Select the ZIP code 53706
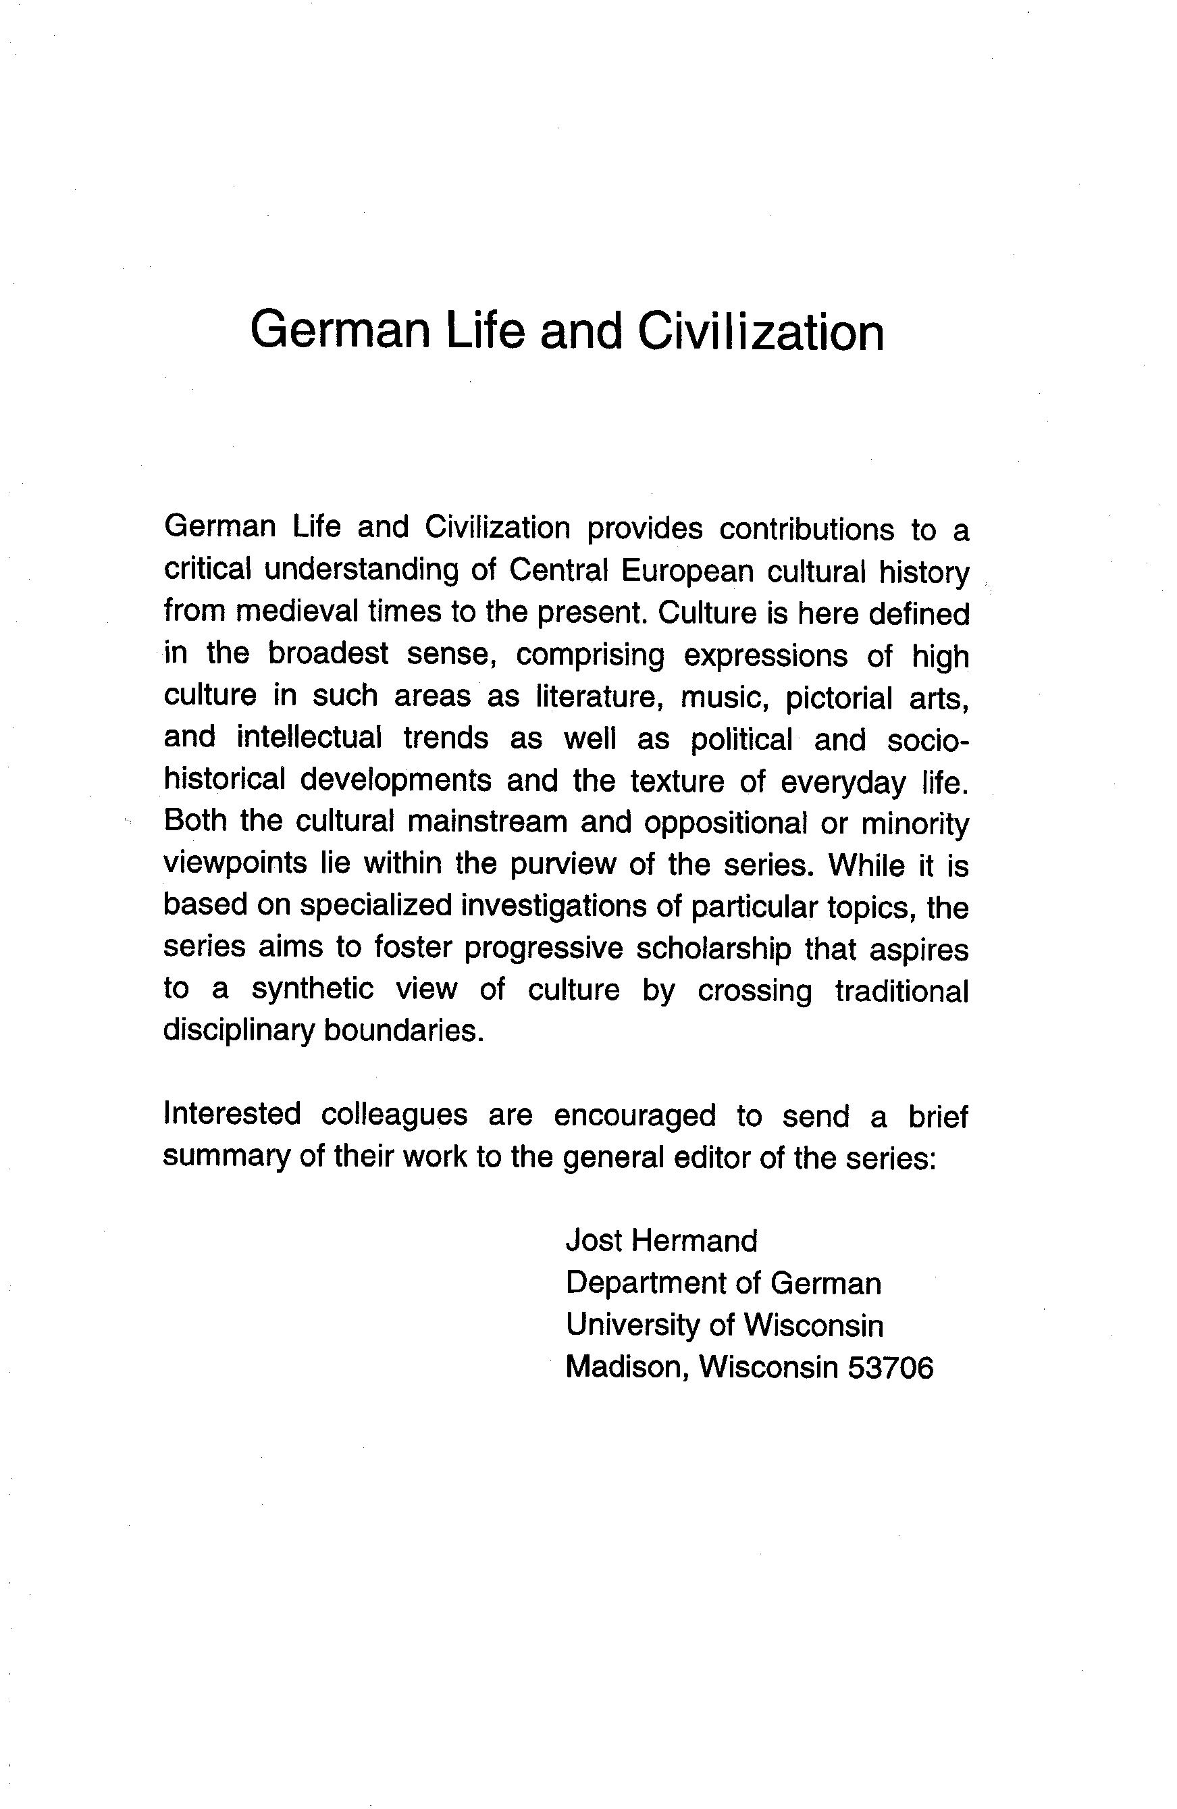coord(890,1367)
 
